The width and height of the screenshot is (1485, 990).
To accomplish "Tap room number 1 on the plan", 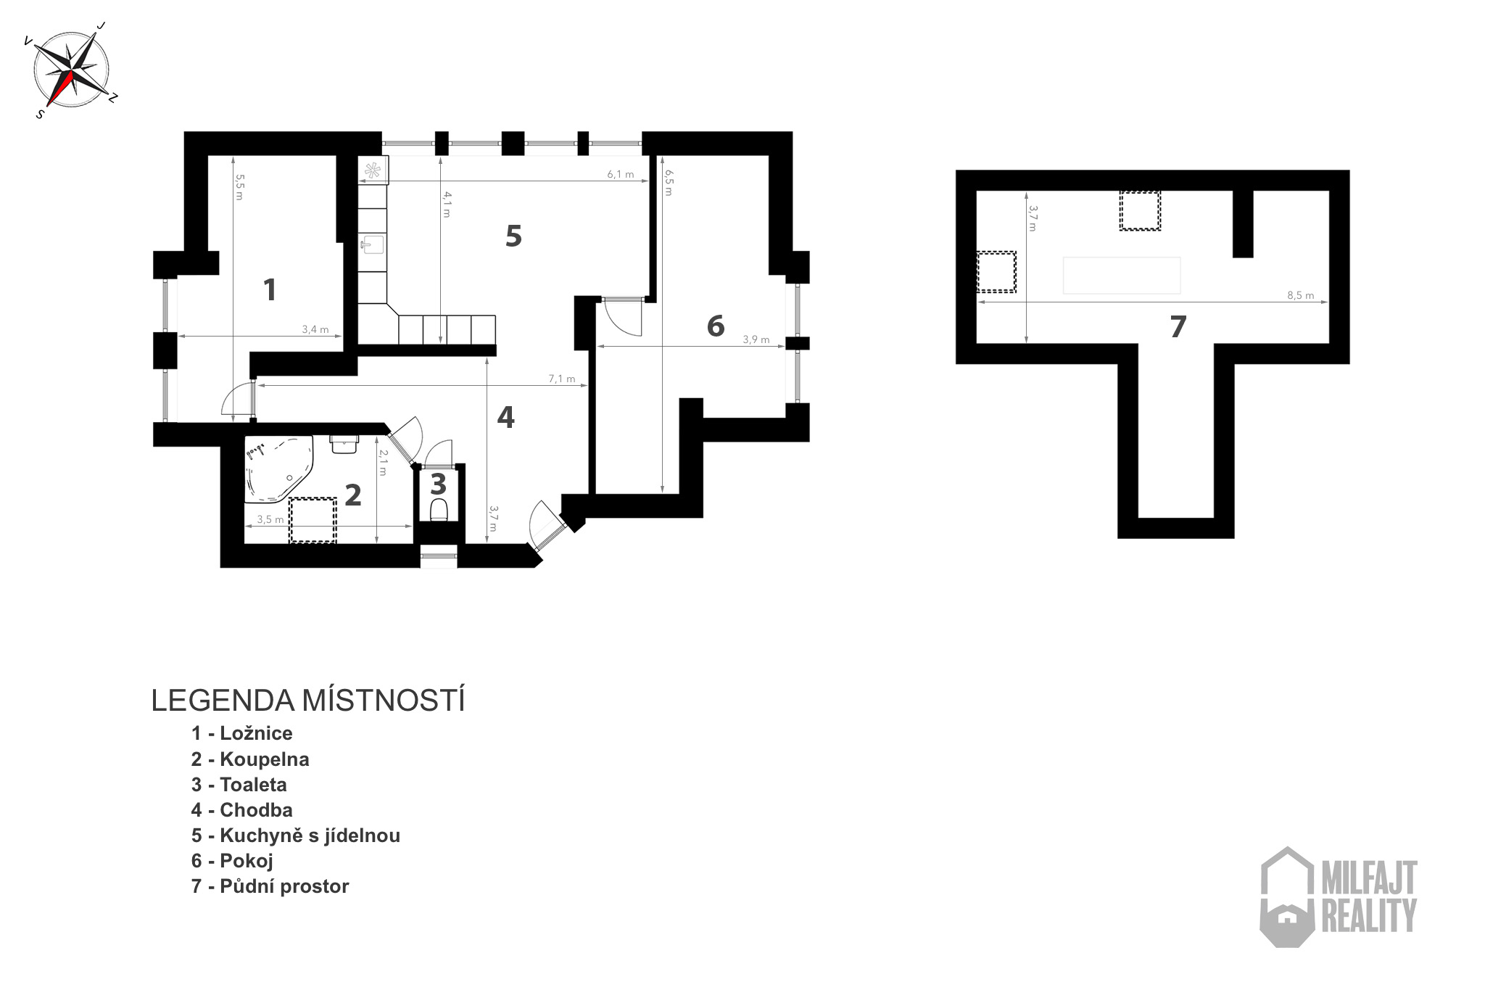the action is pyautogui.click(x=270, y=290).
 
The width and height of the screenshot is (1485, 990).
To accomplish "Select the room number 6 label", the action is pyautogui.click(x=716, y=326).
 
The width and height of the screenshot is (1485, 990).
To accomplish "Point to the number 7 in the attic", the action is pyautogui.click(x=1178, y=327).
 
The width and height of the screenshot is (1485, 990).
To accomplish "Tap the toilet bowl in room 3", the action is pyautogui.click(x=439, y=511).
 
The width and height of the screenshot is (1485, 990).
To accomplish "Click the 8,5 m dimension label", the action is pyautogui.click(x=1300, y=295).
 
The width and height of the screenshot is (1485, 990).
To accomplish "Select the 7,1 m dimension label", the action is pyautogui.click(x=561, y=379).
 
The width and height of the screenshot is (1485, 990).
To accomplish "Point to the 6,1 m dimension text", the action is pyautogui.click(x=620, y=174).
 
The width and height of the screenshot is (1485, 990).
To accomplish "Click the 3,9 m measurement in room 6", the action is pyautogui.click(x=756, y=339).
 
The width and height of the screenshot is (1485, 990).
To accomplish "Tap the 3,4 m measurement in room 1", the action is pyautogui.click(x=315, y=329).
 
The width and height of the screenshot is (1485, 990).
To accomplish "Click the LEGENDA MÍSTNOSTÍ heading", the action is pyautogui.click(x=308, y=701).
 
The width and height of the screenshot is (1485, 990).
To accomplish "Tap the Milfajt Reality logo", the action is pyautogui.click(x=1339, y=897).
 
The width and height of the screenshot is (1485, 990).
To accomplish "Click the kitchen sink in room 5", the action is pyautogui.click(x=373, y=244).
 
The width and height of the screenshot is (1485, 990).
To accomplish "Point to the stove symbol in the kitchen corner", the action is pyautogui.click(x=373, y=171).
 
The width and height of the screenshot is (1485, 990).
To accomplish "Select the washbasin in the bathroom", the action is pyautogui.click(x=344, y=444).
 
